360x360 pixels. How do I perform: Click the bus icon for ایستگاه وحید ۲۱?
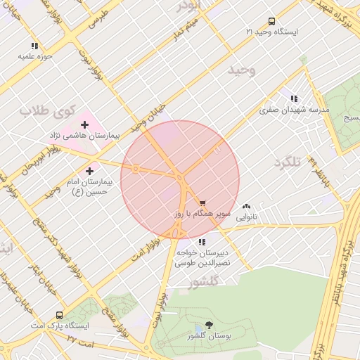click(x=272, y=21)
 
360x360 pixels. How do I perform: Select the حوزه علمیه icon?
click(x=34, y=46)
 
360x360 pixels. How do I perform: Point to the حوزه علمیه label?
click(x=32, y=56)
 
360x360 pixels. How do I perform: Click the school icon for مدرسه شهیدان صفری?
click(x=293, y=99)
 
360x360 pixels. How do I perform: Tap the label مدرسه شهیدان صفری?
click(x=294, y=110)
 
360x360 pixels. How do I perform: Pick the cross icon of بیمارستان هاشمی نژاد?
click(x=84, y=124)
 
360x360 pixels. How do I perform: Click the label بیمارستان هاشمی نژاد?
click(x=90, y=134)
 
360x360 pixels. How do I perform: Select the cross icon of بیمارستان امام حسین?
click(x=89, y=170)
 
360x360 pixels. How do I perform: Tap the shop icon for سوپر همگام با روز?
click(x=202, y=202)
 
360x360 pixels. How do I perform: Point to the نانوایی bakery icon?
click(x=247, y=207)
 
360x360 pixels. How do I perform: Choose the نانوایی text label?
click(x=246, y=217)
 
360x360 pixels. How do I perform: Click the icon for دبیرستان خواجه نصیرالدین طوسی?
click(x=202, y=242)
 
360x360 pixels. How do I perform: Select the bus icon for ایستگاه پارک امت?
click(x=58, y=315)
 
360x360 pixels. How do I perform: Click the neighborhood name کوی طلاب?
click(x=37, y=111)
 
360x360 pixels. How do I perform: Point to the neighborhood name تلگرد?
click(x=288, y=162)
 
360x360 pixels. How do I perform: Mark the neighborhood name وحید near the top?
click(x=243, y=70)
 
